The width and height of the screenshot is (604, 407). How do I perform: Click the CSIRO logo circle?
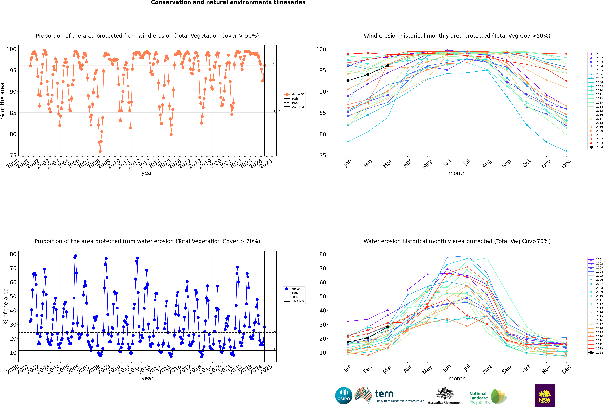click(344, 396)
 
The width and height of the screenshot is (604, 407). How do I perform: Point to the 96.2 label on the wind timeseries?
click(277, 64)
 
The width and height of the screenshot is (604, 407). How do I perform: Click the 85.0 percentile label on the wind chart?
click(277, 112)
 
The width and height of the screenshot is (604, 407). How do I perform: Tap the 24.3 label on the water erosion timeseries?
click(277, 331)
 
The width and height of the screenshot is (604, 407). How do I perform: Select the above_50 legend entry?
click(294, 95)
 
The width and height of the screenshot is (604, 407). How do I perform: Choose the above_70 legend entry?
click(294, 289)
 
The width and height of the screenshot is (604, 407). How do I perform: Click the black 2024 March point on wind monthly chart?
click(388, 66)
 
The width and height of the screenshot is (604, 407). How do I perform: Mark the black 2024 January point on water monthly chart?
click(348, 342)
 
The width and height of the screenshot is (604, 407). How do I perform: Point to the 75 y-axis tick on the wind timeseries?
click(13, 156)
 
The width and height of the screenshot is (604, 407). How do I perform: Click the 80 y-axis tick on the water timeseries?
click(13, 254)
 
